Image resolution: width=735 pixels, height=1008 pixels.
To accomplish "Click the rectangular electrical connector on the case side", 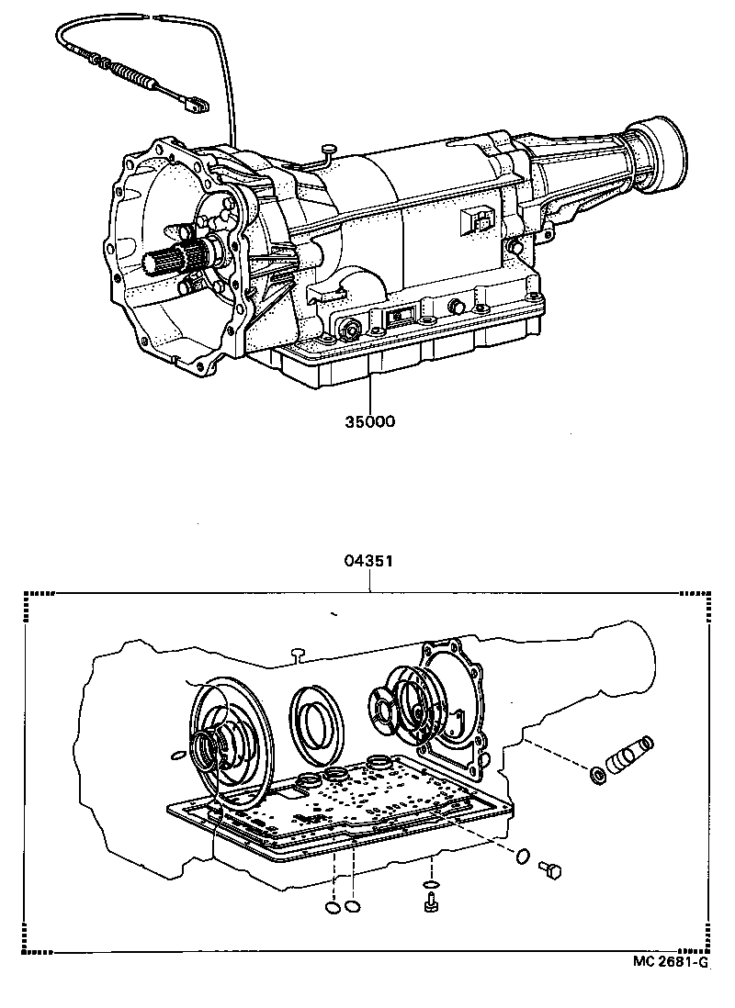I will [478, 220].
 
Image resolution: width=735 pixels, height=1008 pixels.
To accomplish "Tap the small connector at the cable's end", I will [194, 106].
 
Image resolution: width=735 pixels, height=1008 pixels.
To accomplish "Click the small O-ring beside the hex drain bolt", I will [521, 856].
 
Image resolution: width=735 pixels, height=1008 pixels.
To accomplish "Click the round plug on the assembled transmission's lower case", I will [350, 329].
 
